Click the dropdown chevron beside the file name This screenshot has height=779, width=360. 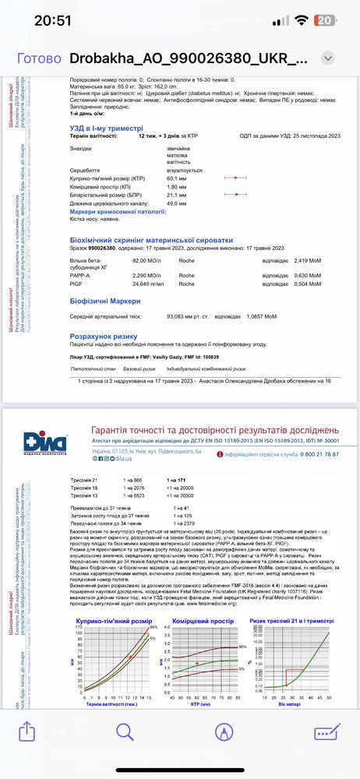pyautogui.click(x=328, y=58)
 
